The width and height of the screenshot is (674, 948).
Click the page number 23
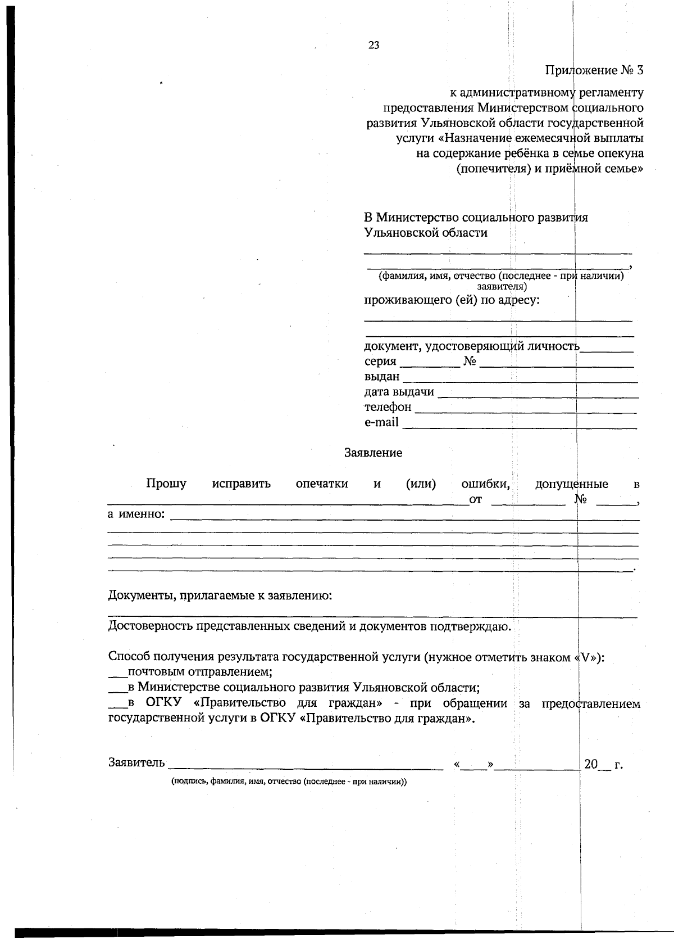(374, 46)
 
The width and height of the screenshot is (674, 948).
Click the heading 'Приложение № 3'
(594, 71)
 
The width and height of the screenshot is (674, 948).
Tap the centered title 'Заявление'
(373, 453)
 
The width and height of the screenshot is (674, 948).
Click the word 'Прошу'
(166, 484)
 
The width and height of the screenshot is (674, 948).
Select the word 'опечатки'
(322, 484)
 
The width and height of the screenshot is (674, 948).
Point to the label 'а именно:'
(136, 514)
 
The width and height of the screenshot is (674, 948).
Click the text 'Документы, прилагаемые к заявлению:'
(220, 595)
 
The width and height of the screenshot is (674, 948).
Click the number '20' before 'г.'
(591, 765)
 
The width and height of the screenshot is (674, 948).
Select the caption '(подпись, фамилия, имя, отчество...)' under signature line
(289, 782)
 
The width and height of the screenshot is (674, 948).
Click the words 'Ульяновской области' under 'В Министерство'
(426, 233)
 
